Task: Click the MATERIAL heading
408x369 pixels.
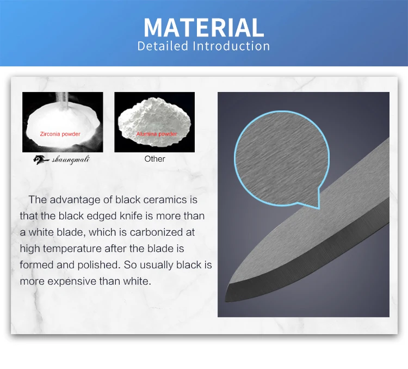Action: coord(204,27)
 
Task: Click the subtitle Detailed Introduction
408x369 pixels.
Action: coord(204,46)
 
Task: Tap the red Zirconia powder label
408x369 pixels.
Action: coord(60,134)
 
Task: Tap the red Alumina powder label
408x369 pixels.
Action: coord(157,134)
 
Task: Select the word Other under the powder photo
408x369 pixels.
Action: coord(154,159)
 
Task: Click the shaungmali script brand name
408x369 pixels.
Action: coord(71,159)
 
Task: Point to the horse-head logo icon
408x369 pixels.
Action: coord(41,159)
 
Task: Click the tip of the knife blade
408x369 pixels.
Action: coord(226,301)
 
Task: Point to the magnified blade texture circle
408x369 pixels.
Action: coord(282,158)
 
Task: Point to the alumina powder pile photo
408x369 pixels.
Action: coord(154,122)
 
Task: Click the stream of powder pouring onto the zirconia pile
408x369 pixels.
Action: coord(63,100)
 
